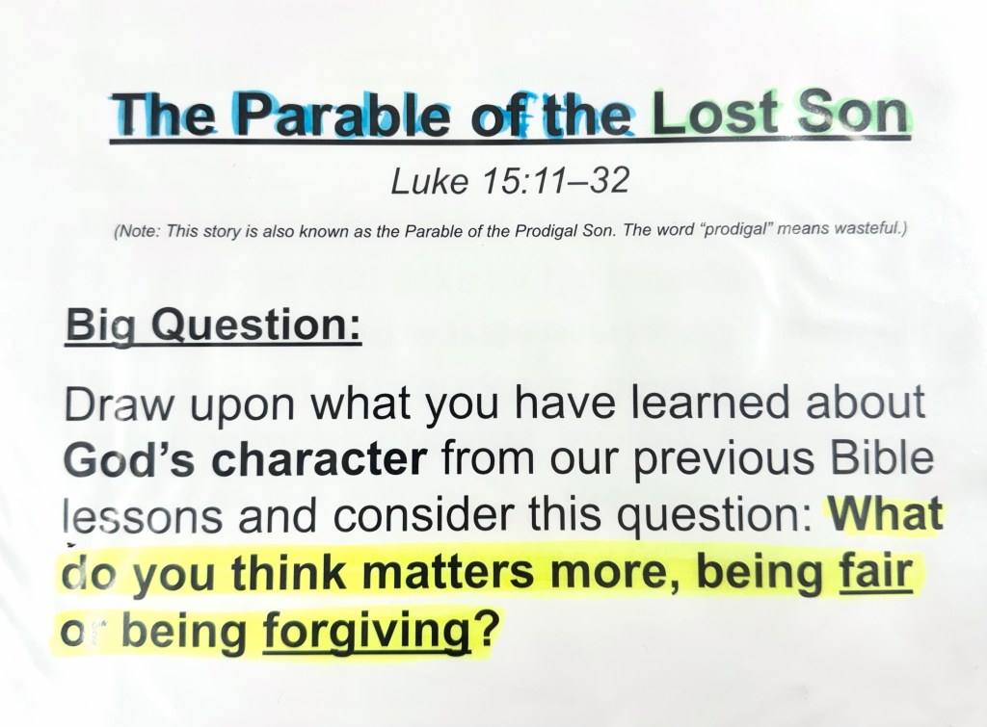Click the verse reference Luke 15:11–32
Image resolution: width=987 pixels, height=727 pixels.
pyautogui.click(x=510, y=181)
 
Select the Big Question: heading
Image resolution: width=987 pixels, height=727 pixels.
pyautogui.click(x=213, y=325)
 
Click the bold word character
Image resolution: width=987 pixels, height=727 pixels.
pyautogui.click(x=319, y=459)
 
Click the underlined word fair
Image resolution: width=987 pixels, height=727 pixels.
pyautogui.click(x=876, y=571)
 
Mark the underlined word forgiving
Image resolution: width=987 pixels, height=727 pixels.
pyautogui.click(x=366, y=631)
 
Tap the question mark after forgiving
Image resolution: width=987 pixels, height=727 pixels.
pyautogui.click(x=486, y=628)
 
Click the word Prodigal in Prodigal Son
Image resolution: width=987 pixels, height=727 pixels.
pyautogui.click(x=546, y=231)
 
